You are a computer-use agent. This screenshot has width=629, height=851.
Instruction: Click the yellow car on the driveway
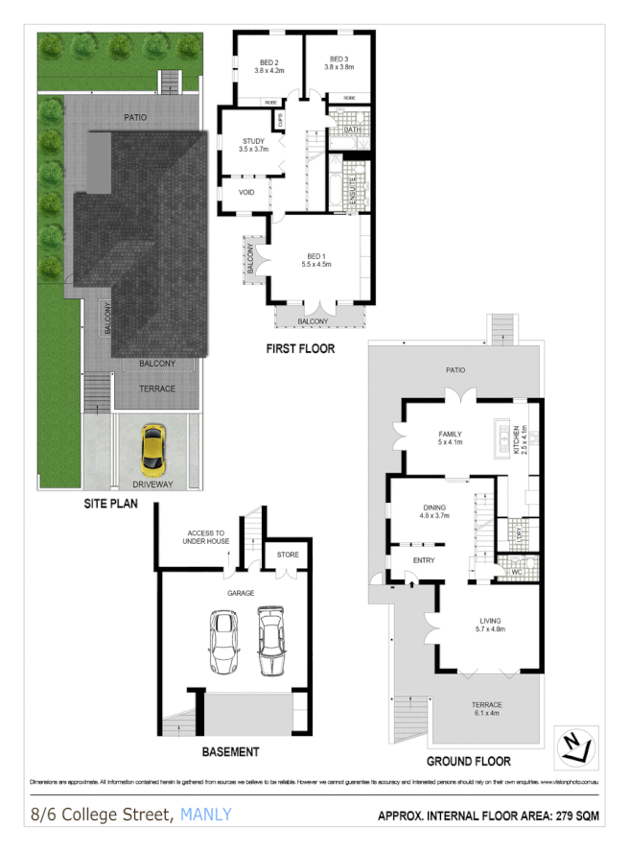[151, 451]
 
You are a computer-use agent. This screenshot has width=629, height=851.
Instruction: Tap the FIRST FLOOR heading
[300, 348]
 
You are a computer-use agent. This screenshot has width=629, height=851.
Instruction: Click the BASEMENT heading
[231, 751]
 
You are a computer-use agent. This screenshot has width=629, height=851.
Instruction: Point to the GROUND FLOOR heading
[468, 761]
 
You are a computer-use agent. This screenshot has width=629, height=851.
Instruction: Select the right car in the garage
[271, 640]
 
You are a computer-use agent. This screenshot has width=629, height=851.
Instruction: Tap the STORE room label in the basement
[288, 555]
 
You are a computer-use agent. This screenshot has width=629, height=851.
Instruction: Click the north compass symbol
[575, 744]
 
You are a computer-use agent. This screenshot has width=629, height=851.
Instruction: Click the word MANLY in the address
[205, 816]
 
